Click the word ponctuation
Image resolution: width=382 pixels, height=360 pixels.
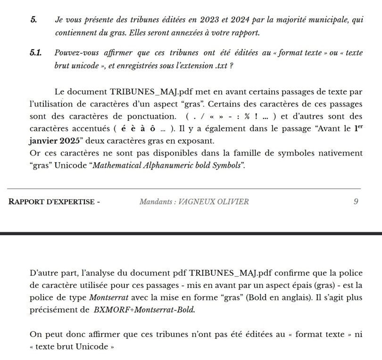click(x=153, y=116)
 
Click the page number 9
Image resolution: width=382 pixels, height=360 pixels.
click(x=356, y=202)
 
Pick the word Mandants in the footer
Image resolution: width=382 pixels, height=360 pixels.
click(x=157, y=202)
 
